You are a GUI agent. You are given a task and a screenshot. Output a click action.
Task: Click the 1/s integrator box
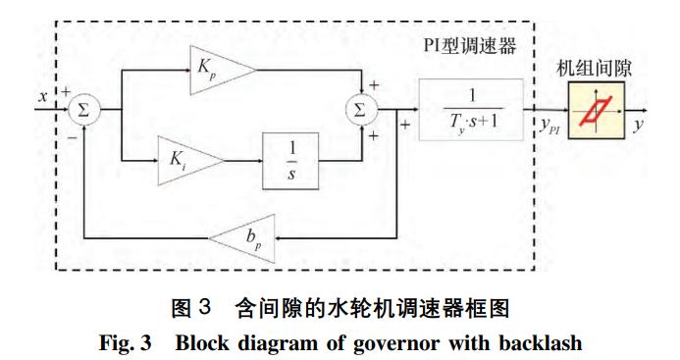click(291, 157)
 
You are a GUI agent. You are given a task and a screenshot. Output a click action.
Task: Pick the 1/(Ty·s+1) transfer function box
click(471, 109)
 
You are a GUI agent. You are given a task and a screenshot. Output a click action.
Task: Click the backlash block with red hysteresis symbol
click(594, 109)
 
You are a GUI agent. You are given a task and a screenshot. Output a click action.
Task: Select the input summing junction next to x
click(83, 110)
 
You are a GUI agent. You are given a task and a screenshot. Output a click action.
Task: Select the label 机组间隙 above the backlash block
click(595, 67)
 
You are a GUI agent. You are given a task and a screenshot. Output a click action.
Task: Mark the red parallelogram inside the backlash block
click(594, 110)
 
